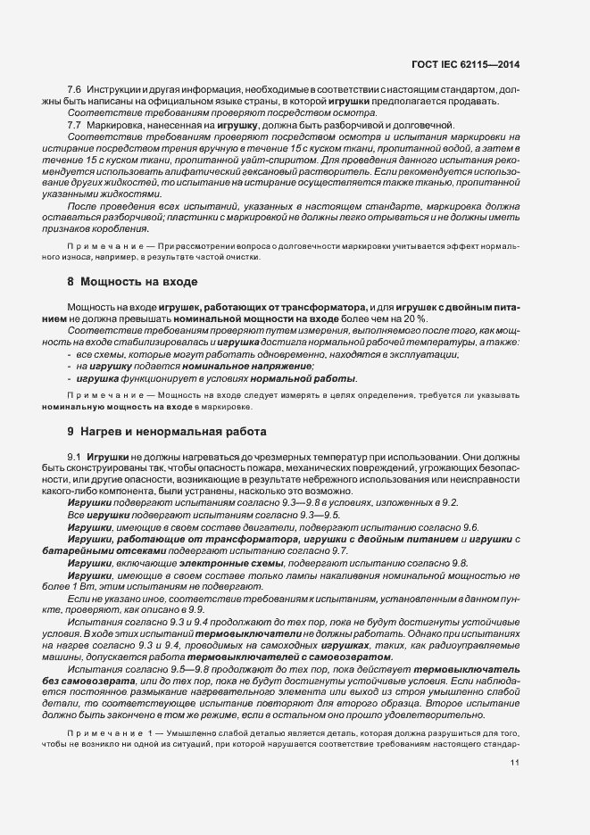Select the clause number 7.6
pos(74,92)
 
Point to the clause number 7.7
pos(74,124)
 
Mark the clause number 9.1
pos(74,455)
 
